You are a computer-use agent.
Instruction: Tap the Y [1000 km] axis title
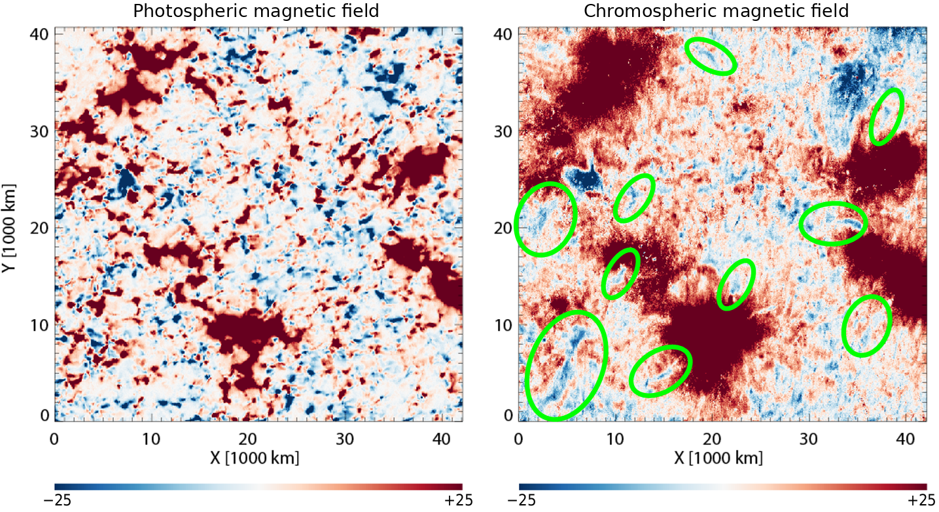coord(9,228)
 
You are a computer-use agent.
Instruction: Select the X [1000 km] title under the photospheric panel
coord(255,458)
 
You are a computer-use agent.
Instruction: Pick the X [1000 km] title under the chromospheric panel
coord(718,458)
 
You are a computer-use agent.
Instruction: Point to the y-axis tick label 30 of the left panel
coord(39,131)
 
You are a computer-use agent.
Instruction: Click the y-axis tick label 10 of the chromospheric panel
coord(503,325)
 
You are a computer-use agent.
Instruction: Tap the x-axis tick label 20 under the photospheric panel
coord(248,439)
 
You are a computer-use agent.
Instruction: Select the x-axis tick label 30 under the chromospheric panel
coord(809,439)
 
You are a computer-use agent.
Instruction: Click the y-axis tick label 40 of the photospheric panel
coord(39,35)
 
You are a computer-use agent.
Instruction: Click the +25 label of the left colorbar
coord(459,500)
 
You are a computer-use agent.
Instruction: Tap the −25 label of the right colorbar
coord(522,500)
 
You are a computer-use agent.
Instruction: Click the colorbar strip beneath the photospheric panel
coord(258,487)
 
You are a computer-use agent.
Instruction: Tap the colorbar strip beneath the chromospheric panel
coord(722,487)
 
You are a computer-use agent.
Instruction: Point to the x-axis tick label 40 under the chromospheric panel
coord(906,439)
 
